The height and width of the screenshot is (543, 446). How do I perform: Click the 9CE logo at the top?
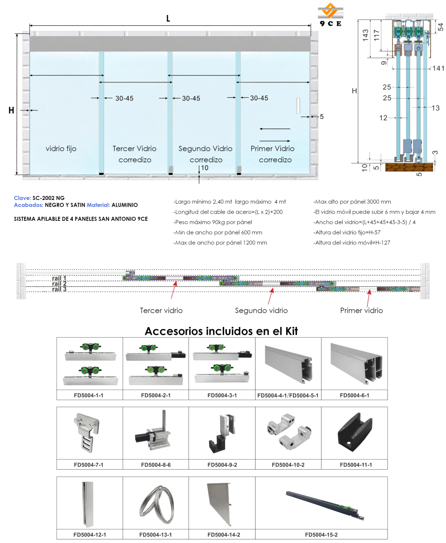[x=331, y=14]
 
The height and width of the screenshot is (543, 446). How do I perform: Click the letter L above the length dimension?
[x=168, y=19]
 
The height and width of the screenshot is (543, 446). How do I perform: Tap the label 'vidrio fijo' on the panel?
[x=61, y=148]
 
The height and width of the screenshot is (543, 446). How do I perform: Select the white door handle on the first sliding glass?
[x=298, y=105]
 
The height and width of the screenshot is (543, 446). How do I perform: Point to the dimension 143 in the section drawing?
[x=365, y=35]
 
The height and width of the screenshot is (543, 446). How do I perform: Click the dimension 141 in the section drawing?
[x=438, y=68]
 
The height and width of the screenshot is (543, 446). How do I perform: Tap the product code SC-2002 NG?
[x=48, y=198]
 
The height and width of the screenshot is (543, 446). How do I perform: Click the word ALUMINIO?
[x=125, y=205]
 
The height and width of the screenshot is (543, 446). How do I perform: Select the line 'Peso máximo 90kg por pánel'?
[x=213, y=222]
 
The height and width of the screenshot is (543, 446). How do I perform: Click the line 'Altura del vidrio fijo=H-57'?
[x=347, y=233]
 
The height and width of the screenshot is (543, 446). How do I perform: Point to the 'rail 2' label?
[x=59, y=283]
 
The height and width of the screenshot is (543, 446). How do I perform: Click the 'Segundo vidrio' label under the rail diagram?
[x=261, y=310]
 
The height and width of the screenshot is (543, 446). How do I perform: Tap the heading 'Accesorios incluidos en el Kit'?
[x=221, y=331]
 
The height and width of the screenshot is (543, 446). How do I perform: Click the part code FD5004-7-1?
[x=89, y=465]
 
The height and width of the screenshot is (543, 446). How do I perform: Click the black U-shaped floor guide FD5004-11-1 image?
[x=355, y=433]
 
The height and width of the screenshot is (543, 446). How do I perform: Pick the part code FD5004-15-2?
[x=321, y=535]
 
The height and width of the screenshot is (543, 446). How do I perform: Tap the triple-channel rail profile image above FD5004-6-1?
[x=356, y=363]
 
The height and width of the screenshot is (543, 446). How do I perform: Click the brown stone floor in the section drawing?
[x=409, y=167]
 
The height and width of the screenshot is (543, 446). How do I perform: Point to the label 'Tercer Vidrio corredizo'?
[x=134, y=154]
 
